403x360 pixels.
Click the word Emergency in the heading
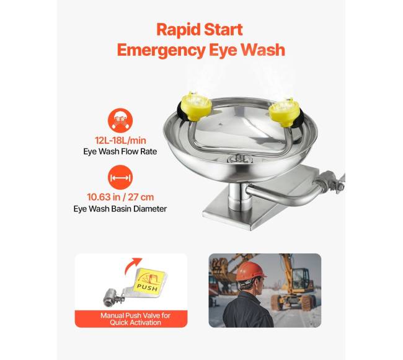coord(161,50)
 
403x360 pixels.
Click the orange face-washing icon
coord(120,121)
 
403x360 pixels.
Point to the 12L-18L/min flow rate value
coord(120,141)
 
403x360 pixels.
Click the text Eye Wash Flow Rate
coord(120,152)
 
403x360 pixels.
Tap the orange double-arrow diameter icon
coord(120,178)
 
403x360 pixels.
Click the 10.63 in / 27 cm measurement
coord(120,197)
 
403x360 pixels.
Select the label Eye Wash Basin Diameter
coord(120,209)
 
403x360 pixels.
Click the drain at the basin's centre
coord(239,159)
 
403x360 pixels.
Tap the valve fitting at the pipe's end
coord(330,182)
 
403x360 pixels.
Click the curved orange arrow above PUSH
coord(131,265)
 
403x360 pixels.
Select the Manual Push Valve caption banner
coord(131,319)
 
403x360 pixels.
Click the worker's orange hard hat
coord(250,271)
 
